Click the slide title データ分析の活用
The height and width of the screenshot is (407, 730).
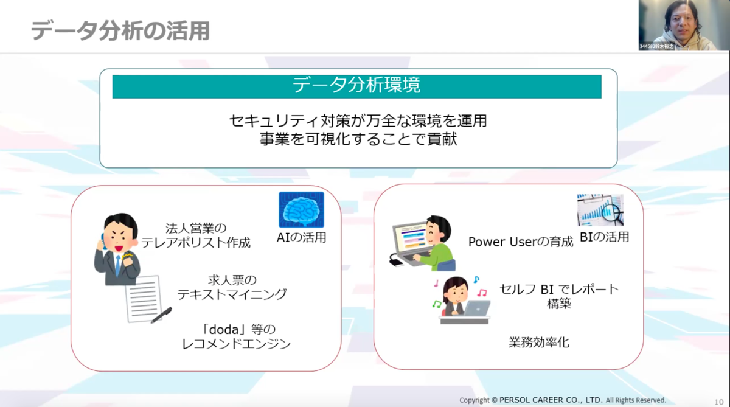pyautogui.click(x=120, y=31)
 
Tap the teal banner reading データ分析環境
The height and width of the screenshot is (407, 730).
pyautogui.click(x=357, y=86)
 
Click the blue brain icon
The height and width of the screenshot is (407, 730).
pyautogui.click(x=302, y=209)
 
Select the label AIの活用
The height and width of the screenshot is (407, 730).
pyautogui.click(x=302, y=237)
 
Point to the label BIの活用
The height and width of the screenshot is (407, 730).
pyautogui.click(x=605, y=237)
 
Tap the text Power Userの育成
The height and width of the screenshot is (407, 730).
pyautogui.click(x=521, y=242)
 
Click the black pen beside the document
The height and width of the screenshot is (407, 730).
pyautogui.click(x=161, y=315)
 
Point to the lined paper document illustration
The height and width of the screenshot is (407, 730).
pyautogui.click(x=144, y=299)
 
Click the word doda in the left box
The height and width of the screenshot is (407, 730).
pyautogui.click(x=224, y=330)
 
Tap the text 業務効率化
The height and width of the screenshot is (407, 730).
pyautogui.click(x=539, y=342)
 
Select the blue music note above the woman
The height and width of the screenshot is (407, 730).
pyautogui.click(x=476, y=280)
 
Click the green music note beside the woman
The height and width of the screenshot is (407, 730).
pyautogui.click(x=437, y=304)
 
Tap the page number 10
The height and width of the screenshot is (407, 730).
pyautogui.click(x=719, y=402)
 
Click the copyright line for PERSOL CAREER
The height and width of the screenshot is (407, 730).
pyautogui.click(x=563, y=400)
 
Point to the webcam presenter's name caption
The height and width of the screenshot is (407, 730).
pyautogui.click(x=656, y=47)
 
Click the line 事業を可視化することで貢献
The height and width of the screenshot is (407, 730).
pyautogui.click(x=358, y=139)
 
